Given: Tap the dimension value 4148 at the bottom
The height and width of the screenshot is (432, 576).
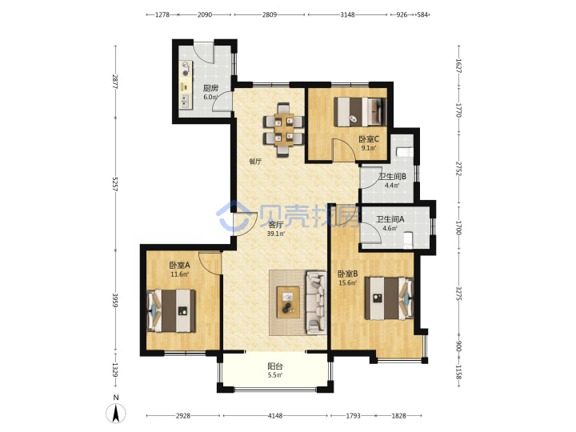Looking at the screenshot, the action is [275, 416].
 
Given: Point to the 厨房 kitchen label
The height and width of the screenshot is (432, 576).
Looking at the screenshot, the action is [211, 88].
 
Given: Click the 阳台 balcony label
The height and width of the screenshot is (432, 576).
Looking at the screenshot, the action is [275, 366].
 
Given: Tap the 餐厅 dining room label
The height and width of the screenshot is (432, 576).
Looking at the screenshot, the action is [255, 162].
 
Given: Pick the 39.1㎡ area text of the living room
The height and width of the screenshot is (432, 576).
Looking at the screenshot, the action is [276, 234].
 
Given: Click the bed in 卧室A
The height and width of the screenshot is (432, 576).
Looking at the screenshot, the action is [171, 310].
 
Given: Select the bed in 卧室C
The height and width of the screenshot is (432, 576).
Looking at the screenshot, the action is [360, 112].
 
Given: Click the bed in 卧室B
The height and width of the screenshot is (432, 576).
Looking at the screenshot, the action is [389, 298].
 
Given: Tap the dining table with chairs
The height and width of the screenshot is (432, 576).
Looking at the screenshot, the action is [283, 130].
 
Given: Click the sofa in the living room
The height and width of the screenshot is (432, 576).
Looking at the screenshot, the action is [316, 302].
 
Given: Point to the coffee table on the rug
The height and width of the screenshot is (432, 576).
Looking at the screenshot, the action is [288, 302].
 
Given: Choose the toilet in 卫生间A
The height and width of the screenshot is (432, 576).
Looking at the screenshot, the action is [408, 240].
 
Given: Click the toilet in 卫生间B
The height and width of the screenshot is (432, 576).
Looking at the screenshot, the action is [405, 152].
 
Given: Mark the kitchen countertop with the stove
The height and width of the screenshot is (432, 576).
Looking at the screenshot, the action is [186, 85].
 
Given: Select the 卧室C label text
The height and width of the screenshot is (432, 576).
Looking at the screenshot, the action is [369, 139].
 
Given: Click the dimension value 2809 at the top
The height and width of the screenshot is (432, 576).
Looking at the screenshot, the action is [270, 14].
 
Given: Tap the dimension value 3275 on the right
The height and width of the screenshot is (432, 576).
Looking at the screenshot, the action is [458, 293].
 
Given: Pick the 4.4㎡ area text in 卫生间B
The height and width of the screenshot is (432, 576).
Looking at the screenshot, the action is [392, 185].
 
